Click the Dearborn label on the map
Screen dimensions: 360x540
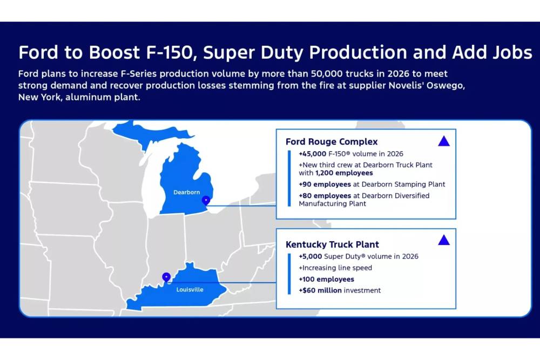187,192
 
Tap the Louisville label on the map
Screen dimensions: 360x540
190,290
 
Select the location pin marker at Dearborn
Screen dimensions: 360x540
205,201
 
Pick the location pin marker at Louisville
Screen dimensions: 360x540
166,277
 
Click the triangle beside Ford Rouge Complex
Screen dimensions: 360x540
444,141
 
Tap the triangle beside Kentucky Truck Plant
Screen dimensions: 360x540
444,240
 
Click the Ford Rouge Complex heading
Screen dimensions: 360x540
332,142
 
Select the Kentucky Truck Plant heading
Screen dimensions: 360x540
332,244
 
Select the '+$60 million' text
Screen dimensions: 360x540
320,290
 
